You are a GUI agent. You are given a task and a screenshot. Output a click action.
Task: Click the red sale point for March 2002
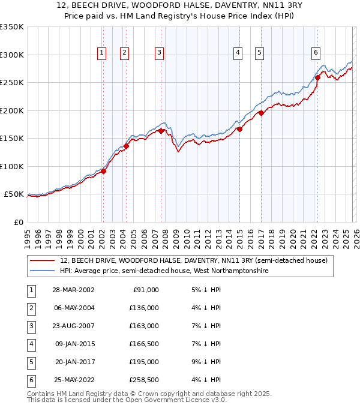coord(103,171)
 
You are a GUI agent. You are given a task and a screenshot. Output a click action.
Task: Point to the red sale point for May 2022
coord(317,77)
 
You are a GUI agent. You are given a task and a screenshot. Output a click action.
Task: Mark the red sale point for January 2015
coord(239,129)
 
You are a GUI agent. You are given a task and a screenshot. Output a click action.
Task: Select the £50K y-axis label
coord(14,194)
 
